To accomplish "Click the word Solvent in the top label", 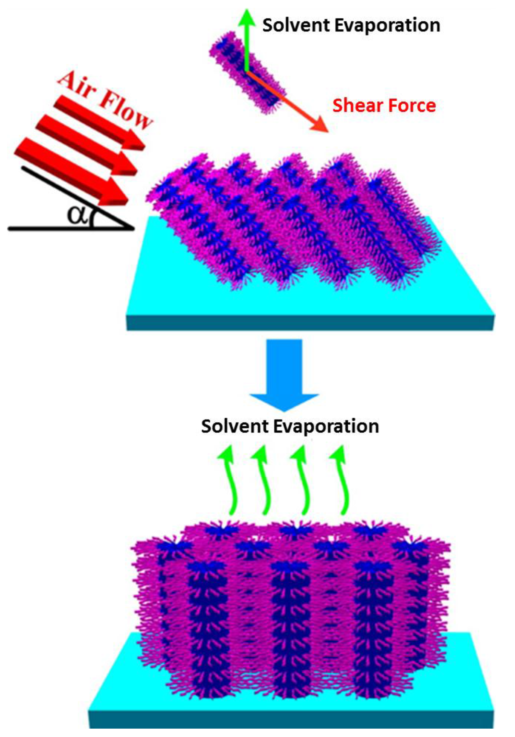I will pyautogui.click(x=296, y=26).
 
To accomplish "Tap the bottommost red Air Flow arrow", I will pyautogui.click(x=70, y=171).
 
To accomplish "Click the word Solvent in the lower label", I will pyautogui.click(x=235, y=426).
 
